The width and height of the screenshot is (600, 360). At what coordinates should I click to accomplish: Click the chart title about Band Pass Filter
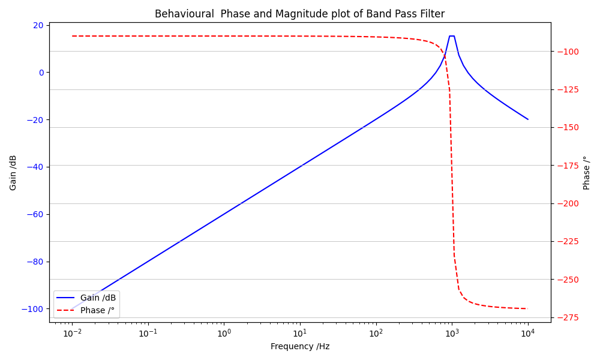click(x=299, y=14)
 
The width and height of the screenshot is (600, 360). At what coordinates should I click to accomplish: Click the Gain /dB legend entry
click(x=98, y=298)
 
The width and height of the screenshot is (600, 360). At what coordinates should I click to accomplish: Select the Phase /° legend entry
click(x=97, y=310)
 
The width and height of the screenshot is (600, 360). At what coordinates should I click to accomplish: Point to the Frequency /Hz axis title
click(x=300, y=346)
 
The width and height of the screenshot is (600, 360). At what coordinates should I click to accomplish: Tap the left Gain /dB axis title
click(x=13, y=172)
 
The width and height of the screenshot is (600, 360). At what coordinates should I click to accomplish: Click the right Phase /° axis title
click(x=587, y=173)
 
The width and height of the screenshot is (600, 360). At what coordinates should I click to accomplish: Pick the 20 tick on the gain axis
click(x=38, y=25)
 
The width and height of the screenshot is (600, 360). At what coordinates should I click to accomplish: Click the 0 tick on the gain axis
click(x=41, y=73)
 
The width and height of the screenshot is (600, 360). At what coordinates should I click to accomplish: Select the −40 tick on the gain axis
click(x=35, y=167)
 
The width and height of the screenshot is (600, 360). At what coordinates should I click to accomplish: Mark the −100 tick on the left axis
click(x=33, y=309)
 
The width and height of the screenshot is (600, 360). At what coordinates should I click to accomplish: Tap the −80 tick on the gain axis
click(x=35, y=262)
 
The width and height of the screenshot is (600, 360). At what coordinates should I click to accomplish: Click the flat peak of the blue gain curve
click(x=452, y=36)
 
